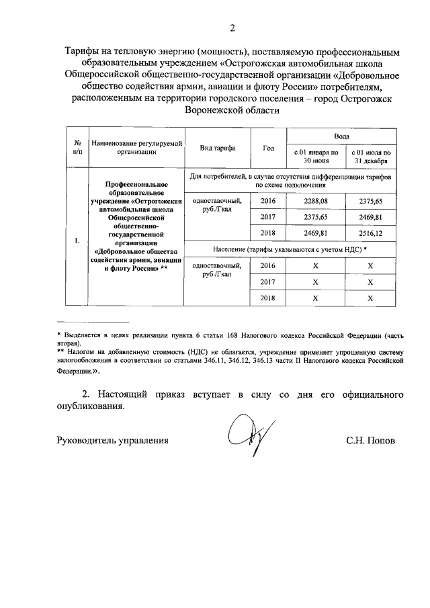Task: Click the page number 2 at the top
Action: click(x=232, y=28)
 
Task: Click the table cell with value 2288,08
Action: click(x=314, y=200)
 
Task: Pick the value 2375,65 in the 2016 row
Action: click(x=370, y=200)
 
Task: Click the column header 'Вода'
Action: click(x=341, y=135)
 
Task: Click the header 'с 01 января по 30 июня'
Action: click(x=314, y=157)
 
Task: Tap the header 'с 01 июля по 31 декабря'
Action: click(x=370, y=157)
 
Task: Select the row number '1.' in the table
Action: click(x=77, y=241)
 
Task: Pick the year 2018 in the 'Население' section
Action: click(x=268, y=298)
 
